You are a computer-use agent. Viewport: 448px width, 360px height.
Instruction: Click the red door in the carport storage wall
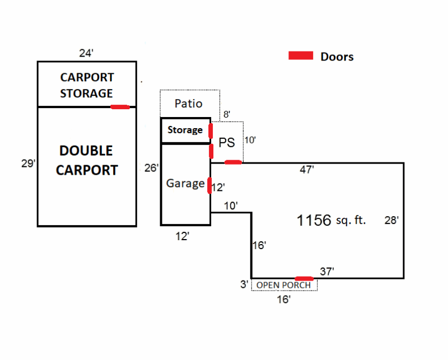(120, 107)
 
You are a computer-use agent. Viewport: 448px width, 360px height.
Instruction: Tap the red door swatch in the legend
(301, 55)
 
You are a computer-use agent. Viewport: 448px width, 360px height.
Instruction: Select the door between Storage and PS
(211, 131)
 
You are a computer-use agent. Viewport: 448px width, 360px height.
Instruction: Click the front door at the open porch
(304, 279)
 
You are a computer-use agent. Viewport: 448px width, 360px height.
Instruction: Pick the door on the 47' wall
(233, 162)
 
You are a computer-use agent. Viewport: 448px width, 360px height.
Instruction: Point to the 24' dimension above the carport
(86, 53)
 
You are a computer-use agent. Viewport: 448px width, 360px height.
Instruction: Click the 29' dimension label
(29, 163)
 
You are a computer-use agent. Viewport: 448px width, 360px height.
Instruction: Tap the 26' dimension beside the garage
(151, 168)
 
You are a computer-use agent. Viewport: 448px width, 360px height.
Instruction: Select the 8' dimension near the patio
(227, 114)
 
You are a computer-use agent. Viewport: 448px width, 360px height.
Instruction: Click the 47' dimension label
(306, 170)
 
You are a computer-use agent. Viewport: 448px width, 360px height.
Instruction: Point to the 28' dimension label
(391, 220)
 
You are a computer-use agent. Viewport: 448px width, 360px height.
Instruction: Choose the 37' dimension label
(327, 272)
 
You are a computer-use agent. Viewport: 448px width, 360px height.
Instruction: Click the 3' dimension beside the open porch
(244, 284)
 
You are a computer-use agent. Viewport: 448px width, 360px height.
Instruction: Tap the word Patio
(188, 104)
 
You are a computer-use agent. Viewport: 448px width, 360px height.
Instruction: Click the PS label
(227, 142)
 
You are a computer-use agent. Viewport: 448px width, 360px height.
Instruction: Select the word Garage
(185, 184)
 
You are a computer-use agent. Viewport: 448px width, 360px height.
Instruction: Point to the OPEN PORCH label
(283, 285)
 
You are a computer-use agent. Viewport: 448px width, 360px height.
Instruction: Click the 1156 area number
(314, 220)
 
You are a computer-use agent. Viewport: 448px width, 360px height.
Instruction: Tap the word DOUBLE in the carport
(86, 151)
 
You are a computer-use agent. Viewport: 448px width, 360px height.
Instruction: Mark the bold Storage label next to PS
(185, 130)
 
